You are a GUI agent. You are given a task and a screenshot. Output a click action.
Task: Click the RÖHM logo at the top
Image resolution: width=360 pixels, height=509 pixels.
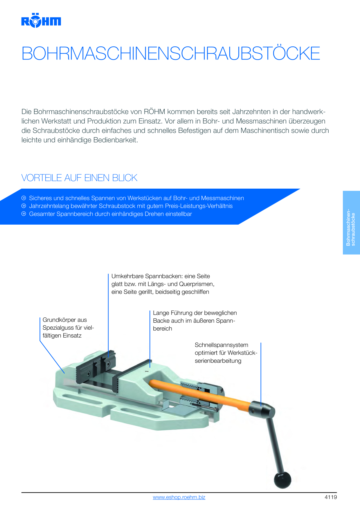[x=41, y=20]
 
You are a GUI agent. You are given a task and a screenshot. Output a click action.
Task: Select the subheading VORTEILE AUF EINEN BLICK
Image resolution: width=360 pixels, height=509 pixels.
[x=79, y=178]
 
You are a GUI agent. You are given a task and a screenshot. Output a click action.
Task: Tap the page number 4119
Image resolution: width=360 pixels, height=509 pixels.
[x=331, y=497]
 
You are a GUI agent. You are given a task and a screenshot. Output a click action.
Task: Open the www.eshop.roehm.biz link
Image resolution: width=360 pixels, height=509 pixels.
[x=179, y=497]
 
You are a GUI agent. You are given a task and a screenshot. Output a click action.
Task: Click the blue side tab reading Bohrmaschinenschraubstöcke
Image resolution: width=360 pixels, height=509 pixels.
[x=351, y=223]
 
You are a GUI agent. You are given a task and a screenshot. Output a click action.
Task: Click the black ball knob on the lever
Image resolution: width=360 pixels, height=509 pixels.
[x=282, y=480]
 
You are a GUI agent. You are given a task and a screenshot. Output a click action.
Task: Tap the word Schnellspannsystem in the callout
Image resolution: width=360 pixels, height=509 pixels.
[x=222, y=345]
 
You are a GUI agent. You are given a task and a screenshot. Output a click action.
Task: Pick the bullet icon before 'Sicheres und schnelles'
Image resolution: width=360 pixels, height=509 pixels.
[x=24, y=198]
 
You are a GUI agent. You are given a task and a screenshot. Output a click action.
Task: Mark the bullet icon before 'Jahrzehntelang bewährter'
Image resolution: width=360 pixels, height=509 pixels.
[x=24, y=206]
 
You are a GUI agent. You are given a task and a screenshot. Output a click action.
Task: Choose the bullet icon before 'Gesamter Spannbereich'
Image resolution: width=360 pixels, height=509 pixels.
[x=24, y=214]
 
